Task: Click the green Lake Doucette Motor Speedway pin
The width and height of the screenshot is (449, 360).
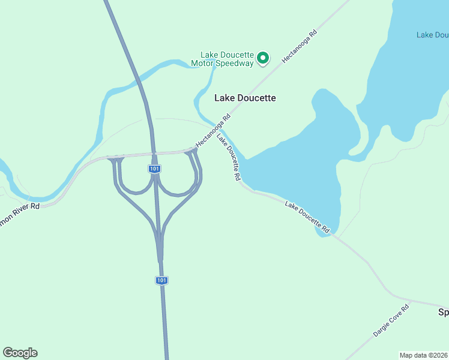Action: [x=262, y=58]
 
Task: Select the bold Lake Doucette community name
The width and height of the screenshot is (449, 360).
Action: [x=245, y=98]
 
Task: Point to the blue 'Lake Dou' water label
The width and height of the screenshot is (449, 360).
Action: [x=432, y=35]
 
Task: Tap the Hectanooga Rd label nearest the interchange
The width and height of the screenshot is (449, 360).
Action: [x=213, y=132]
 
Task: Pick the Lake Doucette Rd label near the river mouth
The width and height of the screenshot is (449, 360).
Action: [x=229, y=157]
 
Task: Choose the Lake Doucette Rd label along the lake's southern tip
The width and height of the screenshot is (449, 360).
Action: [x=307, y=217]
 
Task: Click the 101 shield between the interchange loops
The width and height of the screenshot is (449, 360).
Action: [x=154, y=169]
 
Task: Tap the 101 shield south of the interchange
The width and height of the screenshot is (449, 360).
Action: [x=161, y=280]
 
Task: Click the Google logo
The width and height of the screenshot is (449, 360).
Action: [x=20, y=353]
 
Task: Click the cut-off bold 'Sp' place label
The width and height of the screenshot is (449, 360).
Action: [x=444, y=313]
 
